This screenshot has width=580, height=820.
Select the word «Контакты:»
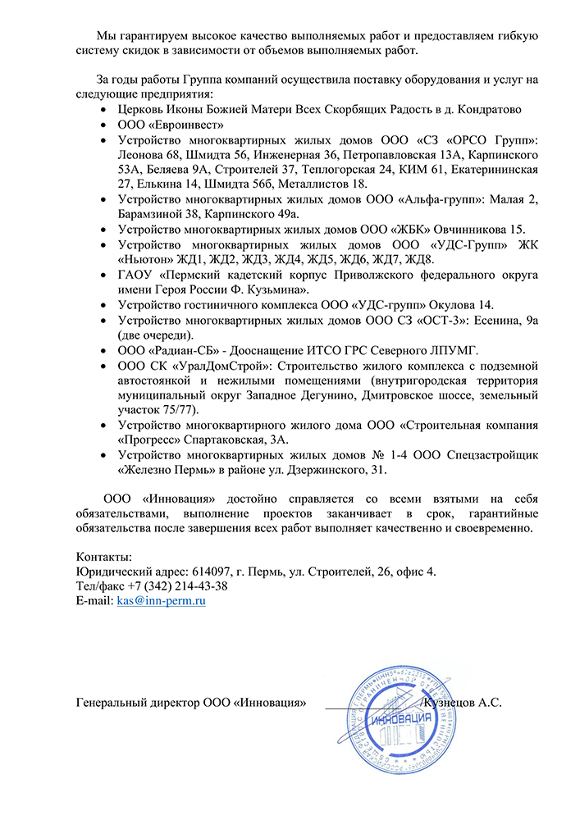point(103,557)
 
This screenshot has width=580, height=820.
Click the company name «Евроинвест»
point(186,125)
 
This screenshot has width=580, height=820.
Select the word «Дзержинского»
point(377,470)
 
